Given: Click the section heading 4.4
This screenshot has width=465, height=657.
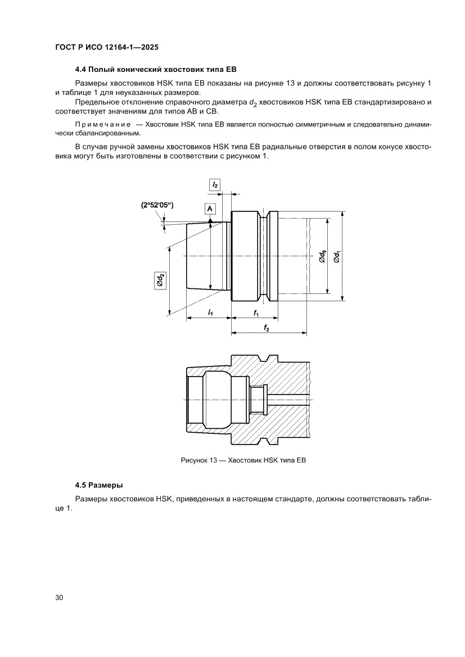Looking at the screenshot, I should tap(155, 70).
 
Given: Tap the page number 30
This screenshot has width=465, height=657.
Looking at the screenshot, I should tap(59, 597).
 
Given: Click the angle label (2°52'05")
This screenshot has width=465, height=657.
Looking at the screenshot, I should tap(157, 206).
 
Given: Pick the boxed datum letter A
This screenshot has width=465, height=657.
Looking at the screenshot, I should tap(210, 209).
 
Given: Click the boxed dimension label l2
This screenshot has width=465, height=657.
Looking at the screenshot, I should tap(214, 184).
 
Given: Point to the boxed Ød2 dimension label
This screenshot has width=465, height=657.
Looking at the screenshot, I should tap(160, 279).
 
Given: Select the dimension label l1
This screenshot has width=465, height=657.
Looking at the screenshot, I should tap(209, 312).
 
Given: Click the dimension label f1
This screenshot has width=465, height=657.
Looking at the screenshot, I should tap(256, 312).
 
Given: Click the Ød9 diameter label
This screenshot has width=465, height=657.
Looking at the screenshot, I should tap(322, 256).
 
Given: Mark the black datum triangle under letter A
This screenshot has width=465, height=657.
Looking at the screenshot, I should tap(210, 220).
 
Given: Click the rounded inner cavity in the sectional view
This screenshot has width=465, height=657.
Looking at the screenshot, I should tap(225, 398).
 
